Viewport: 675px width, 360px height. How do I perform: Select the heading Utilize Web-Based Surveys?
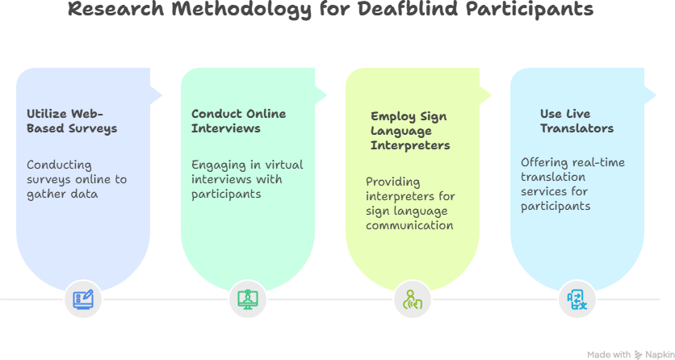[x=72, y=121]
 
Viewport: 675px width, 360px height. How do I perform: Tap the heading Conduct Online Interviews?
[x=238, y=121]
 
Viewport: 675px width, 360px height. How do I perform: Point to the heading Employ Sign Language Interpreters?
[x=409, y=131]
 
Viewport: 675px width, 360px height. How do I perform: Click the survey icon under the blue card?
[x=82, y=299]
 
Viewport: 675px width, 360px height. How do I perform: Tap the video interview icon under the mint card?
[x=248, y=299]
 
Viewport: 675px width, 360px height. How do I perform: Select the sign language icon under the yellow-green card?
[x=413, y=299]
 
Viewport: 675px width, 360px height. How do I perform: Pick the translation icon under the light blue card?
[x=577, y=299]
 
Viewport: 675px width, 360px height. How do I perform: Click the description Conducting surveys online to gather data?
[x=77, y=179]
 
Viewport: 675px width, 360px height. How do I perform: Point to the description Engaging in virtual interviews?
[x=247, y=179]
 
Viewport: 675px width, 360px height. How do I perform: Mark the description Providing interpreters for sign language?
[x=409, y=203]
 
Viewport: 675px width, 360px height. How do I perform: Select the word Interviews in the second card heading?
[x=225, y=128]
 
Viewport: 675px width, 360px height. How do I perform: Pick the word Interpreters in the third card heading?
[x=410, y=145]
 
